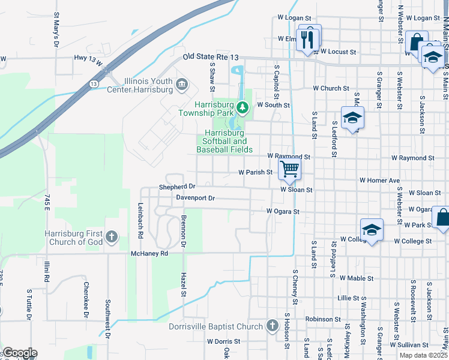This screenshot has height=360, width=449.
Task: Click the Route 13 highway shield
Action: pyautogui.click(x=94, y=83)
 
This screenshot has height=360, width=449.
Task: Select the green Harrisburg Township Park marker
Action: pyautogui.click(x=243, y=108)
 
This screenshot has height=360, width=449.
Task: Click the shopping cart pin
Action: pyautogui.click(x=289, y=169)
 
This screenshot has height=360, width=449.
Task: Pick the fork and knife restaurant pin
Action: pyautogui.click(x=309, y=40)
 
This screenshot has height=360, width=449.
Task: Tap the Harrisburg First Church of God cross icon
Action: pyautogui.click(x=112, y=237)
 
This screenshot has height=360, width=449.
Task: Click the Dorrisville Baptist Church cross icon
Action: pyautogui.click(x=273, y=326)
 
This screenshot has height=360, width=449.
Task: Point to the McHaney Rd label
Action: pyautogui.click(x=151, y=254)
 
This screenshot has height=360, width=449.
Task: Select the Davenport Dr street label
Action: pyautogui.click(x=195, y=197)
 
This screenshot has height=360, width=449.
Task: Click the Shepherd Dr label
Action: pyautogui.click(x=177, y=187)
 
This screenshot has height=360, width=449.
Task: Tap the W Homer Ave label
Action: pyautogui.click(x=379, y=180)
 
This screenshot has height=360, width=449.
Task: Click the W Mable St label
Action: pyautogui.click(x=357, y=278)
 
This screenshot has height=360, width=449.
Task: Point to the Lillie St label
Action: pyautogui.click(x=348, y=298)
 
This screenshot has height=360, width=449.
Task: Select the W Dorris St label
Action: pyautogui.click(x=223, y=341)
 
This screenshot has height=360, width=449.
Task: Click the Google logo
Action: pyautogui.click(x=20, y=353)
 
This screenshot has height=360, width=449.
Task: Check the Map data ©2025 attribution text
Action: pyautogui.click(x=424, y=355)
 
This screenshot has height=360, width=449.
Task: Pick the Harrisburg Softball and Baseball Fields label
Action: pyautogui.click(x=224, y=141)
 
